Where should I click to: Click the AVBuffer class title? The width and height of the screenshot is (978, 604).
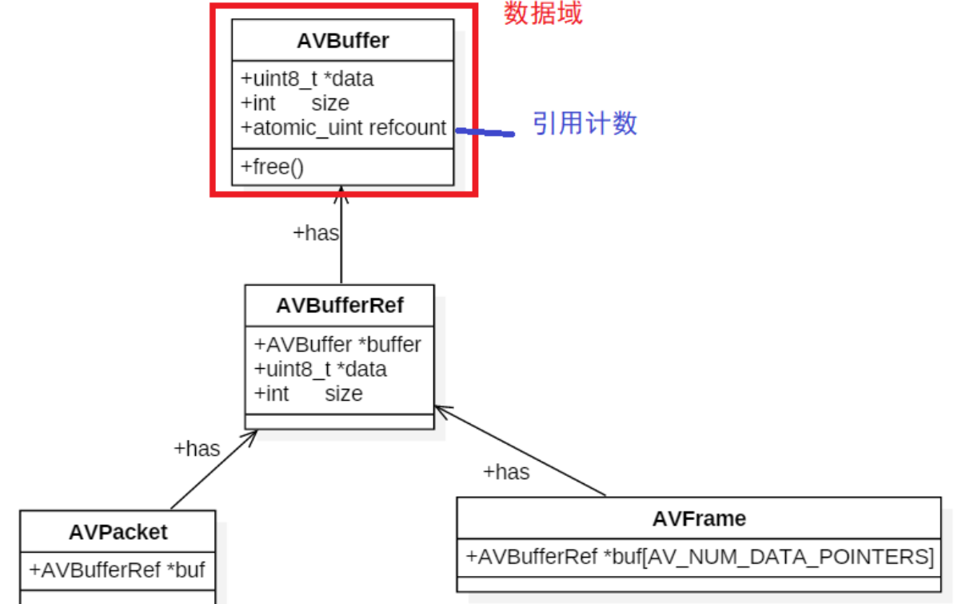342,41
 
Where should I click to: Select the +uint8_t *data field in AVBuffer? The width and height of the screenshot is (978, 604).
306,79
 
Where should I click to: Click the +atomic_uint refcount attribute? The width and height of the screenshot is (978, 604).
343,128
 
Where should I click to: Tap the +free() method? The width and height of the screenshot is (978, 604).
272,167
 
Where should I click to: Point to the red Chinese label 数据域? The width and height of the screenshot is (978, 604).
543,14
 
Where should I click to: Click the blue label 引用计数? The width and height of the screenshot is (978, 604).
585,123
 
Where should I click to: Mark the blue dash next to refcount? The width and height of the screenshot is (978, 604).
485,133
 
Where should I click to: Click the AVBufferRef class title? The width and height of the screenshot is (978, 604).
339,306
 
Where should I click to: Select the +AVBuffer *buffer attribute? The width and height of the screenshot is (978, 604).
337,345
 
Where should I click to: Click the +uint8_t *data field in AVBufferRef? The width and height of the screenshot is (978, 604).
320,369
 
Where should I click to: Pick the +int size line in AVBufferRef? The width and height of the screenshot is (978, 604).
308,394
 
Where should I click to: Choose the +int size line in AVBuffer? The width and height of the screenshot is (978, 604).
294,103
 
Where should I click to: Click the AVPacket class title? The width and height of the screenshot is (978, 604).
118,532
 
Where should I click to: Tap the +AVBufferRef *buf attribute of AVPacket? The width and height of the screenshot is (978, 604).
117,570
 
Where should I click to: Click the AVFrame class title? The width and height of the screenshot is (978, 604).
698,518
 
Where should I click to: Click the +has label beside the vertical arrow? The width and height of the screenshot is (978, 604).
315,234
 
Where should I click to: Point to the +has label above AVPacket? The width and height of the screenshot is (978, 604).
196,449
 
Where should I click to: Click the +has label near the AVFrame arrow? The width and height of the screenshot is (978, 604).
505,473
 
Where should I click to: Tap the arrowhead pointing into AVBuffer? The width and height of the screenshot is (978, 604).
341,192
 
